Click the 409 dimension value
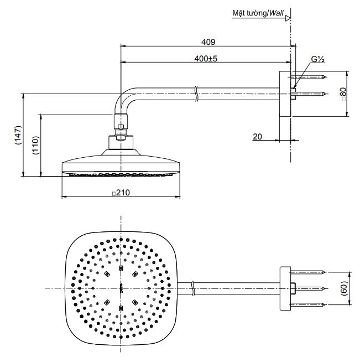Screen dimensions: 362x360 [x=207, y=42]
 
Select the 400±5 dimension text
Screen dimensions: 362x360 [x=206, y=58]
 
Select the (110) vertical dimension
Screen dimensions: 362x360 [x=35, y=146]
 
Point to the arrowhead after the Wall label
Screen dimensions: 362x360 [x=288, y=18]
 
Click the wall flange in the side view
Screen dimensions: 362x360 [x=285, y=94]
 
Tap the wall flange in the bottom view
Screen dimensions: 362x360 [x=285, y=288]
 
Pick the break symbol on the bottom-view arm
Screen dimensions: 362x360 [x=192, y=287]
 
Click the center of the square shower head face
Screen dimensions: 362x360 [x=121, y=288]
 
